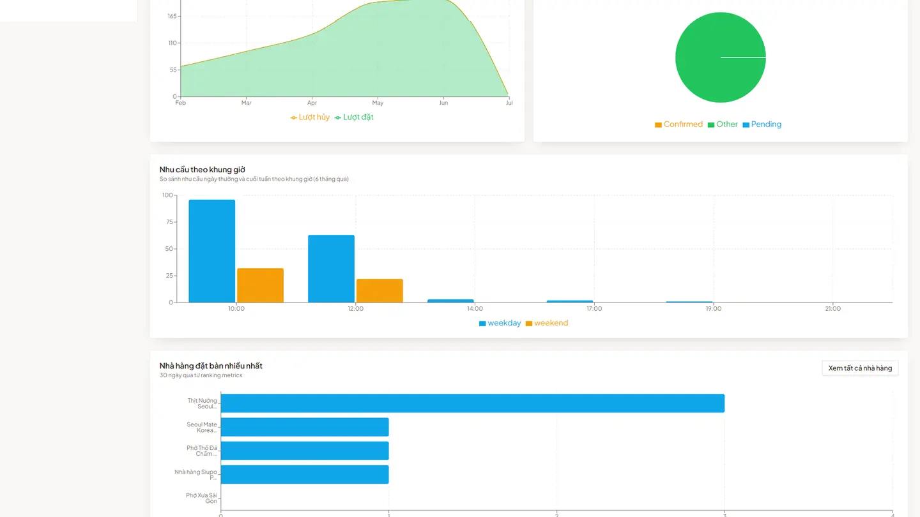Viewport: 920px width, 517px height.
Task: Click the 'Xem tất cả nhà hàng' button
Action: pos(860,368)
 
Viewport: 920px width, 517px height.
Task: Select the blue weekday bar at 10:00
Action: pos(212,251)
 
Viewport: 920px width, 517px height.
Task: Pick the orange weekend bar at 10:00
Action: pos(261,285)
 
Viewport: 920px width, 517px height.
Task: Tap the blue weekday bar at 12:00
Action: pos(331,269)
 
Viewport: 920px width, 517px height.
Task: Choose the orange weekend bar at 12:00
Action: pos(379,290)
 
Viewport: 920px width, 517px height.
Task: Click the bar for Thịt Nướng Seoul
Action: pos(473,403)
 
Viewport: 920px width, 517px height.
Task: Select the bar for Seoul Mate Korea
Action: pos(305,427)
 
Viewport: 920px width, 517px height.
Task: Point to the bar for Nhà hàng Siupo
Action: pos(305,474)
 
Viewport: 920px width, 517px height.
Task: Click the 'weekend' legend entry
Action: pos(547,323)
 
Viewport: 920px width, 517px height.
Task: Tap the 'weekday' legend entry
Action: pos(500,323)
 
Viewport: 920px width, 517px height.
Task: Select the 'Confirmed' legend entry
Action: pos(678,124)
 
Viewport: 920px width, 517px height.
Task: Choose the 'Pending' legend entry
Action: pos(762,124)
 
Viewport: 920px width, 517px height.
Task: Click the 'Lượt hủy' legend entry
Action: pos(310,117)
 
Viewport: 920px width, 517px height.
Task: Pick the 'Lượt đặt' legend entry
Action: pos(354,117)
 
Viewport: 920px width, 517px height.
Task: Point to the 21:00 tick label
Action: pos(833,308)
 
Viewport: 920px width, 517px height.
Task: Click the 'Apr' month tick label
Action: pos(312,103)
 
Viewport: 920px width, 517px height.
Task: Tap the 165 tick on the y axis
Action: pos(172,16)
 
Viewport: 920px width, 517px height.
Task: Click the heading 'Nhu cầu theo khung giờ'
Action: pos(202,170)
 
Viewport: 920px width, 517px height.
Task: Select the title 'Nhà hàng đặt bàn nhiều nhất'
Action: pos(211,366)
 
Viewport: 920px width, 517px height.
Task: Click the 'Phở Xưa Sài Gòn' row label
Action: pos(201,498)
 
